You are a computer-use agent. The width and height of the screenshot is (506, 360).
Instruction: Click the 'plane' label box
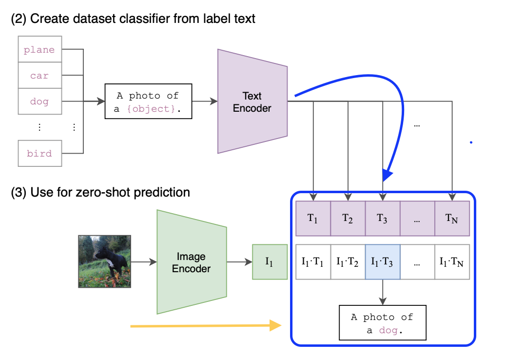pyautogui.click(x=39, y=49)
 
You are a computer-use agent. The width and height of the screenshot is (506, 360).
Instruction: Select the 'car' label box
pyautogui.click(x=39, y=76)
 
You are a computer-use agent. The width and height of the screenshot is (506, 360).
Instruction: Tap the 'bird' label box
pyautogui.click(x=39, y=153)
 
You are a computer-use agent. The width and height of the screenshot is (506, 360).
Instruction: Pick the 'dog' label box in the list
pyautogui.click(x=39, y=101)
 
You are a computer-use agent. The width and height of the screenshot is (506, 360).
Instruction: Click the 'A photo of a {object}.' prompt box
pyautogui.click(x=148, y=102)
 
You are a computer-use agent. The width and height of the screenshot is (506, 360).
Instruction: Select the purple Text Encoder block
pyautogui.click(x=253, y=101)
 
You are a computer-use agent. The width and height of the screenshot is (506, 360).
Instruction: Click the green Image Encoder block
pyautogui.click(x=192, y=262)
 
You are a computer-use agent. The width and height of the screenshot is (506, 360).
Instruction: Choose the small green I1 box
pyautogui.click(x=270, y=262)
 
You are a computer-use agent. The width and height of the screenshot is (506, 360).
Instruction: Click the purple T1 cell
pyautogui.click(x=313, y=219)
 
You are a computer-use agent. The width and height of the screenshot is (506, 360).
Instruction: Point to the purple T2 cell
pyautogui.click(x=348, y=219)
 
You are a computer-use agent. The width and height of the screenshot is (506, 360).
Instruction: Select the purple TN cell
pyautogui.click(x=452, y=219)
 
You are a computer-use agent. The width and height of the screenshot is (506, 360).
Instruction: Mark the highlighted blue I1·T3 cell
pyautogui.click(x=383, y=262)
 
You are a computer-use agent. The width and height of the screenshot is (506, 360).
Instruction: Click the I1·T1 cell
pyautogui.click(x=313, y=262)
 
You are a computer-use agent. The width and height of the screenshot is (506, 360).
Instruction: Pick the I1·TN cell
pyautogui.click(x=452, y=262)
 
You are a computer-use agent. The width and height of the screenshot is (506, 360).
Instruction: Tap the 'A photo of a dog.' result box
pyautogui.click(x=382, y=322)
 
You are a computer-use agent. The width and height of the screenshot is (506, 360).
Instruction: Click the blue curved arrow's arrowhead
pyautogui.click(x=388, y=175)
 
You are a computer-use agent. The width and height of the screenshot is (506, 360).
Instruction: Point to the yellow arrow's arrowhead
pyautogui.click(x=277, y=325)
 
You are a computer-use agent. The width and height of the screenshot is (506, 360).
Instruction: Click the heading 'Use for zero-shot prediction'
pyautogui.click(x=100, y=192)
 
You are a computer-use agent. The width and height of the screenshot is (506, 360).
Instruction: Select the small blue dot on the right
pyautogui.click(x=471, y=142)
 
